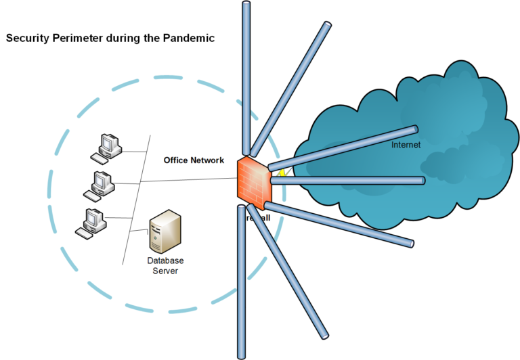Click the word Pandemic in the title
click(x=189, y=39)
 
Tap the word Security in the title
click(x=26, y=39)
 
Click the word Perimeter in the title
click(x=80, y=39)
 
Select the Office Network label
click(x=193, y=160)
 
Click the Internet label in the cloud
click(x=406, y=145)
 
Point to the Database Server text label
click(x=165, y=265)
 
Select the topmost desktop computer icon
click(x=106, y=148)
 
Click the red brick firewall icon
click(x=253, y=180)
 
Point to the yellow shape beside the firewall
click(x=281, y=173)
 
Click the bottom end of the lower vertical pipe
click(x=241, y=355)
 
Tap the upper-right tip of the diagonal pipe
click(x=328, y=25)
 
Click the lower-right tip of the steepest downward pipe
click(x=326, y=334)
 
